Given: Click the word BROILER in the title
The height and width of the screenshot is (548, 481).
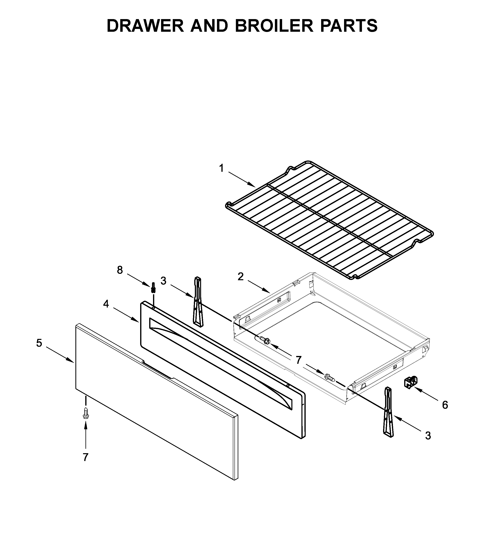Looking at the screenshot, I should [x=274, y=26].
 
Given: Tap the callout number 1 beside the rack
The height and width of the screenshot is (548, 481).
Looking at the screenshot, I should [x=221, y=168].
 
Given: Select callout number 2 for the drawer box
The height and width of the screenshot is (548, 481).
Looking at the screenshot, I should [x=240, y=276].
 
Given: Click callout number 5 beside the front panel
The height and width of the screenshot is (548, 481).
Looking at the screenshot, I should [x=39, y=343].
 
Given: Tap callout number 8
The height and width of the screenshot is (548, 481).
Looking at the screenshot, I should [x=120, y=270].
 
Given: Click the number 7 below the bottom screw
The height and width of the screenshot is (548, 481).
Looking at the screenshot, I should [x=85, y=457].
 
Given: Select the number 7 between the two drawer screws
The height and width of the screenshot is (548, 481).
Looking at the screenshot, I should [x=298, y=360].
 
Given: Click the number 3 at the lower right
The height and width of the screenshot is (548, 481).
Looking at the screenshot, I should [x=428, y=436].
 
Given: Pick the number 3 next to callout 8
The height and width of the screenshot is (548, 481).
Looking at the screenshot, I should [x=163, y=281].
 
